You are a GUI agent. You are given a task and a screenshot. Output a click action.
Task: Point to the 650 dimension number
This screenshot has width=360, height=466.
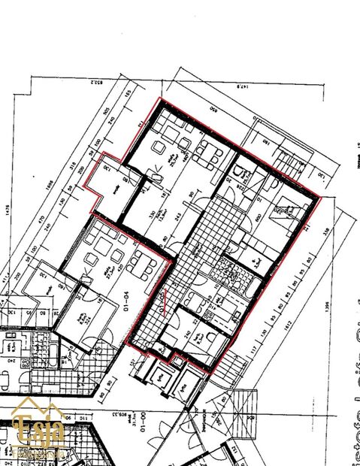[213, 110]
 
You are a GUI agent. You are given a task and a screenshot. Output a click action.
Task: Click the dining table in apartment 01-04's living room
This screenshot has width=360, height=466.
[140, 264]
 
